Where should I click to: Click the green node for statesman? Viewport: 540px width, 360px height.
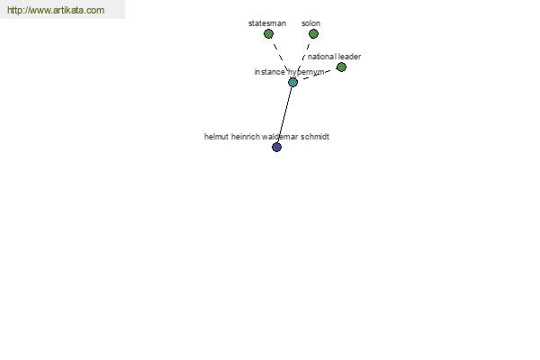[268, 34]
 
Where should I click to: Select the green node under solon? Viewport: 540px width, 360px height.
[313, 34]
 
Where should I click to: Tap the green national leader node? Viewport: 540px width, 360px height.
[341, 67]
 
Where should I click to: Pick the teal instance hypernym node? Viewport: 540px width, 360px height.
[292, 82]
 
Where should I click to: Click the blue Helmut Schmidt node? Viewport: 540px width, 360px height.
[276, 147]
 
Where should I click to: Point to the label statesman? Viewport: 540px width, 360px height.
[267, 23]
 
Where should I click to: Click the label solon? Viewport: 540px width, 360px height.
[311, 23]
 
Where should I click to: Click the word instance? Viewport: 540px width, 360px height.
[270, 72]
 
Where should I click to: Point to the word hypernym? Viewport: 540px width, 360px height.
[306, 72]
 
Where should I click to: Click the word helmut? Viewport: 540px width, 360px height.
[216, 137]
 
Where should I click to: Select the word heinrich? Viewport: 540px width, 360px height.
[245, 137]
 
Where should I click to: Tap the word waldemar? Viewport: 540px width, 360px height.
[280, 137]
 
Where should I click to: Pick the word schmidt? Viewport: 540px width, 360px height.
[315, 137]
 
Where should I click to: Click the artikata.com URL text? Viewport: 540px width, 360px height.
[56, 10]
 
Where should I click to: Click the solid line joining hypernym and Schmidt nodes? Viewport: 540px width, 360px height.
[284, 114]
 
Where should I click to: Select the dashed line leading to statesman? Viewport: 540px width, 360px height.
[281, 58]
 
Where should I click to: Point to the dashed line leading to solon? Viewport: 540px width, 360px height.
[303, 58]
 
